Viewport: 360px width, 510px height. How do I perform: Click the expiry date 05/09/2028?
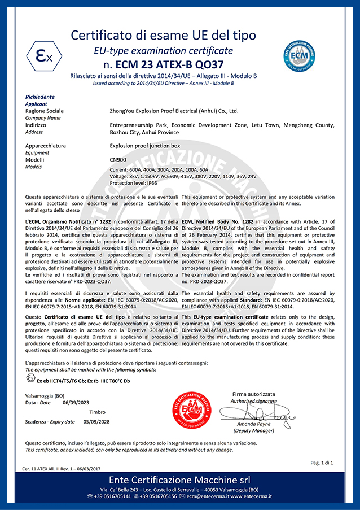[x=96, y=421]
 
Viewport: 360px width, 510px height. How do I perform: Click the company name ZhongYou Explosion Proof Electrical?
[x=174, y=111]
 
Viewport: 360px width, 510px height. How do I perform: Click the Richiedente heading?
[x=40, y=97]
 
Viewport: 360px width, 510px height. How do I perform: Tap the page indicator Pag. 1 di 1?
[x=322, y=463]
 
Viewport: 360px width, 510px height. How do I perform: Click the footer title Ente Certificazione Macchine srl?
[x=179, y=480]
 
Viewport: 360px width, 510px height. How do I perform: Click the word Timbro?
[x=97, y=412]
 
